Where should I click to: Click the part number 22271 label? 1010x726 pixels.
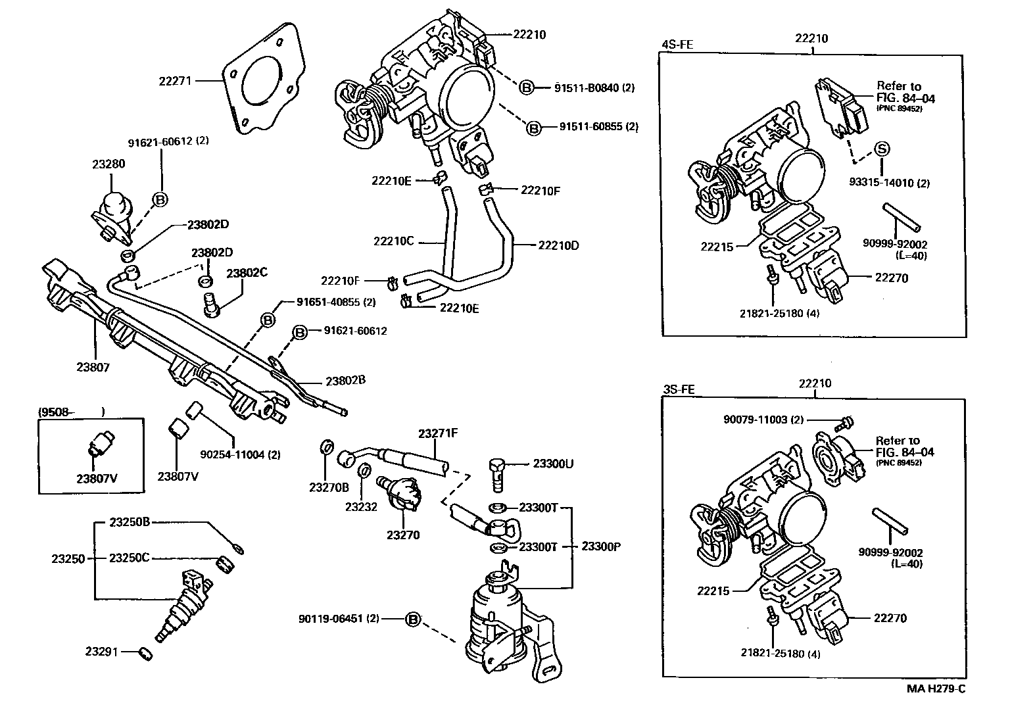[x=174, y=81]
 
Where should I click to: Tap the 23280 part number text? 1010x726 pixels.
[x=108, y=164]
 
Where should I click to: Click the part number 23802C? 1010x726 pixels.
[x=247, y=273]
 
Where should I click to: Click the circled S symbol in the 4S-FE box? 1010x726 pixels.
[x=881, y=149]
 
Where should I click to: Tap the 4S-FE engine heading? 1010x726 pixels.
[x=677, y=45]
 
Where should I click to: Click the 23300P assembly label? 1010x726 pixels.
[x=602, y=546]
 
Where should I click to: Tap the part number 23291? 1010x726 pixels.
[x=101, y=652]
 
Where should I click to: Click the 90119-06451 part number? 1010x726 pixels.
[x=339, y=619]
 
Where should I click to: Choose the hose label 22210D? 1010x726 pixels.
[x=559, y=245]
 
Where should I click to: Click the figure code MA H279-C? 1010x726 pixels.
[x=936, y=689]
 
